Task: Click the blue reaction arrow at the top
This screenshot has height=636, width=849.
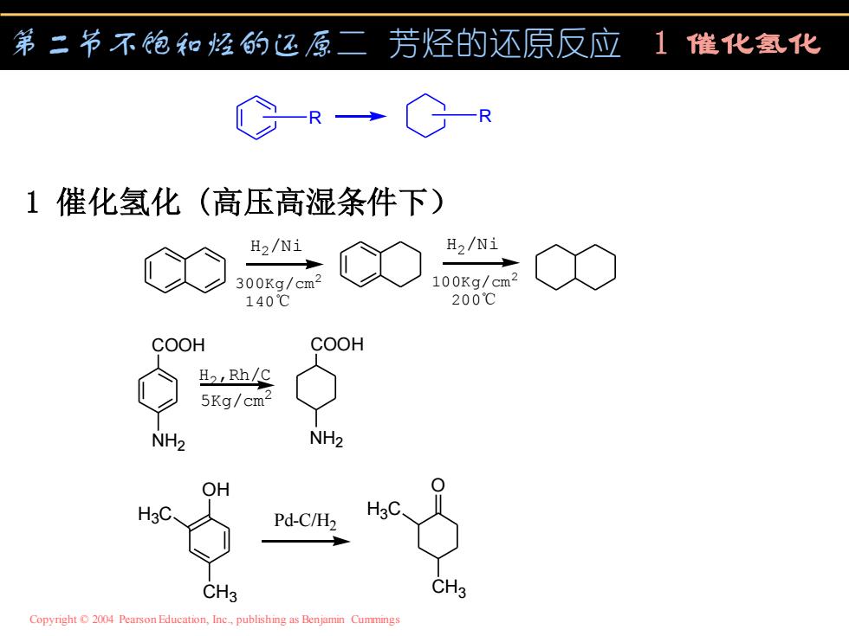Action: pos(360,116)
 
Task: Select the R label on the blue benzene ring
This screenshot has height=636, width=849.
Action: pos(315,118)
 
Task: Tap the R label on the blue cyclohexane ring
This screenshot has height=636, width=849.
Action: pos(485,116)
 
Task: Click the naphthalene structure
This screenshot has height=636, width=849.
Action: pos(185,270)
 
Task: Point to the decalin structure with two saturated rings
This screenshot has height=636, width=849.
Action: pos(575,267)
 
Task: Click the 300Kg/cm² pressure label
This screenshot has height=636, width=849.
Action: pos(278,282)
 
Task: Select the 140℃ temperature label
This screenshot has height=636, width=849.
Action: pos(268,301)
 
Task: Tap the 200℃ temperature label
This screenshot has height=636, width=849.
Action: pos(474,299)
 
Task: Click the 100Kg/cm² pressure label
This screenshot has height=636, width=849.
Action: pos(475,280)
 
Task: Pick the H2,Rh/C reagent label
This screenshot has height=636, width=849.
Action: pos(235,375)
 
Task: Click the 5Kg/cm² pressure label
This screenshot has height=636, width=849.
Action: pos(236,400)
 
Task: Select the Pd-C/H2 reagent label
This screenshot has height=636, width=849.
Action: pos(305,521)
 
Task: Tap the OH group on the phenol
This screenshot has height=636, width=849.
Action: pos(216,490)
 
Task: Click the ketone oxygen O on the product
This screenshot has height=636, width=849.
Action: pos(438,485)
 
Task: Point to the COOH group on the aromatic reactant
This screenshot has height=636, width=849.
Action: pos(178,345)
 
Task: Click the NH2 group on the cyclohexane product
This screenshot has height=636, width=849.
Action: pos(327,439)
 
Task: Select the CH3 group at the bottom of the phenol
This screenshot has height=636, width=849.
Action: pos(220,592)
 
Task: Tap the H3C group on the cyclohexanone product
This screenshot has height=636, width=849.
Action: pos(383,510)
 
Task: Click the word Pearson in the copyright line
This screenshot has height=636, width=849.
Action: pos(138,620)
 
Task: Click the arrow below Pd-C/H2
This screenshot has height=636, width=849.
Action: pos(306,541)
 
